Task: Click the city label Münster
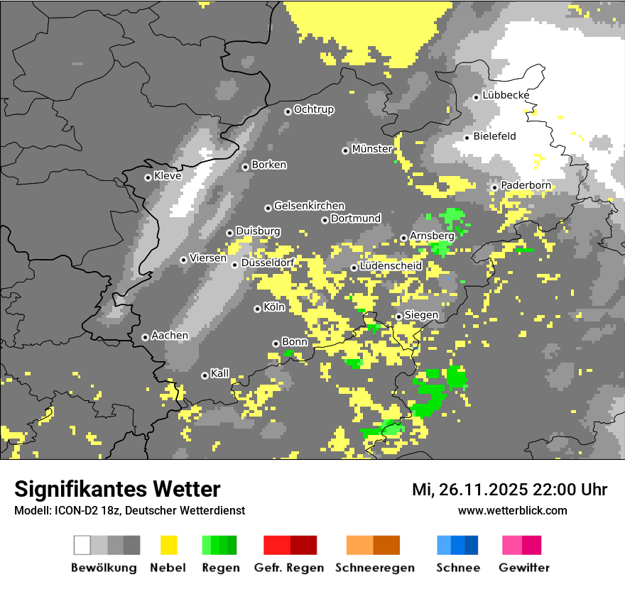click(x=371, y=149)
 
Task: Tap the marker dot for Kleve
click(x=148, y=177)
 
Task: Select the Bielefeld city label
click(x=494, y=136)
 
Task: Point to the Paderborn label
click(x=526, y=185)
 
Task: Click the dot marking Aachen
click(x=145, y=337)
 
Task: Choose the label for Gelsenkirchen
click(x=309, y=206)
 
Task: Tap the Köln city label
click(x=273, y=307)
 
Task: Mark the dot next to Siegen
click(x=399, y=316)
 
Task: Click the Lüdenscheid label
click(x=391, y=266)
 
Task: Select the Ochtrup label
click(x=313, y=110)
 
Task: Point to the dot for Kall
click(x=205, y=375)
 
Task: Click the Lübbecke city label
click(x=506, y=95)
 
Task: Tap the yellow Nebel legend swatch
click(x=168, y=545)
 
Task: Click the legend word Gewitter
click(x=524, y=568)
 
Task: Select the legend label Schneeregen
click(x=375, y=568)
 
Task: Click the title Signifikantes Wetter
click(x=117, y=489)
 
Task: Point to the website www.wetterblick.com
click(x=512, y=510)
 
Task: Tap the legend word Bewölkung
click(x=104, y=568)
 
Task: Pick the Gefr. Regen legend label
click(x=289, y=568)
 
